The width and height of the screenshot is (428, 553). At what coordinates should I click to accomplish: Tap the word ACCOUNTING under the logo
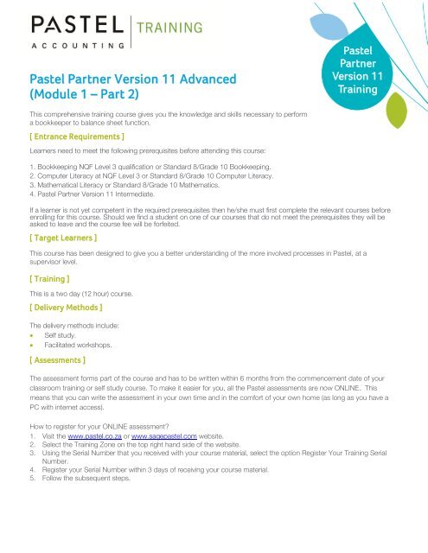tap(75, 42)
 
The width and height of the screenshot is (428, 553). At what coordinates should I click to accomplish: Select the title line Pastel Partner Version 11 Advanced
tap(133, 79)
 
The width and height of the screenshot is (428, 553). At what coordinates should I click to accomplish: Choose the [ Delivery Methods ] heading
tap(66, 307)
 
